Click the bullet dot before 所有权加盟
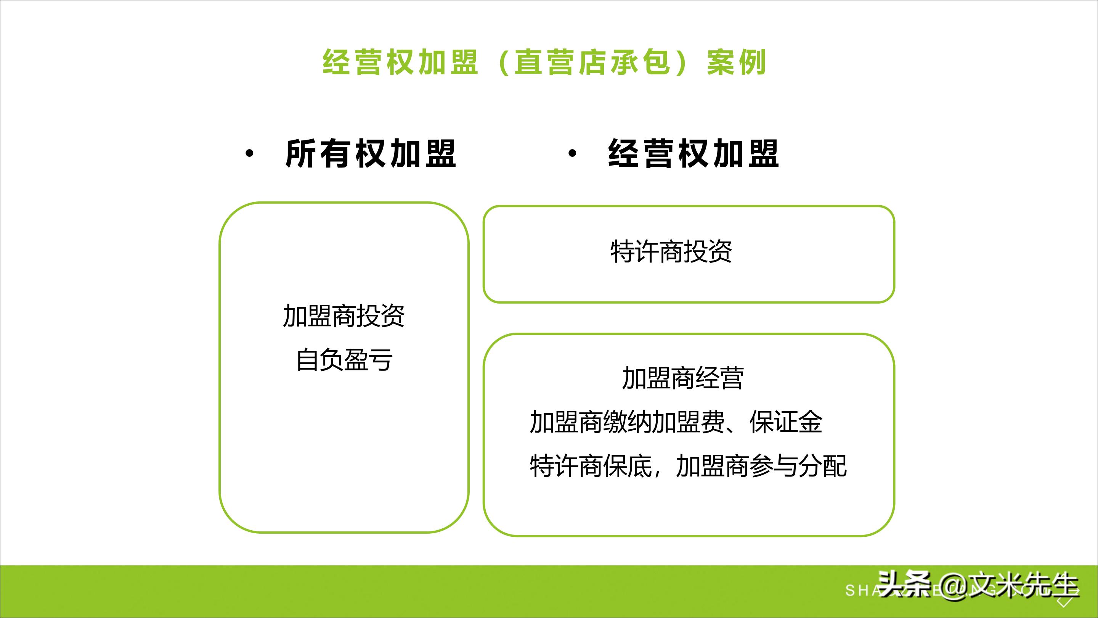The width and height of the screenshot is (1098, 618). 249,154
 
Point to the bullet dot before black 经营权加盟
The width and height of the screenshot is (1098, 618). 572,154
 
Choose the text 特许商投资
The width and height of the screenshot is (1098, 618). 671,252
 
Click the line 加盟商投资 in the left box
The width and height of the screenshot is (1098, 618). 344,316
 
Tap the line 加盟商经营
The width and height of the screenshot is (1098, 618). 682,378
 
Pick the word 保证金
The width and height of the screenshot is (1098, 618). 786,422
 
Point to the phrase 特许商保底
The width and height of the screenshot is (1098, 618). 591,466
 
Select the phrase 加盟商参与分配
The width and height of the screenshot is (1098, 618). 761,466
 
